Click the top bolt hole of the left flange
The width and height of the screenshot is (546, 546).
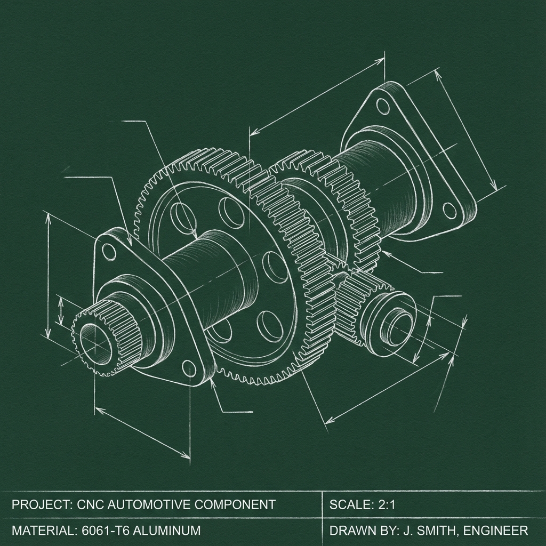click(x=109, y=252)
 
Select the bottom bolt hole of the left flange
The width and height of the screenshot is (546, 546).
click(x=189, y=368)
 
